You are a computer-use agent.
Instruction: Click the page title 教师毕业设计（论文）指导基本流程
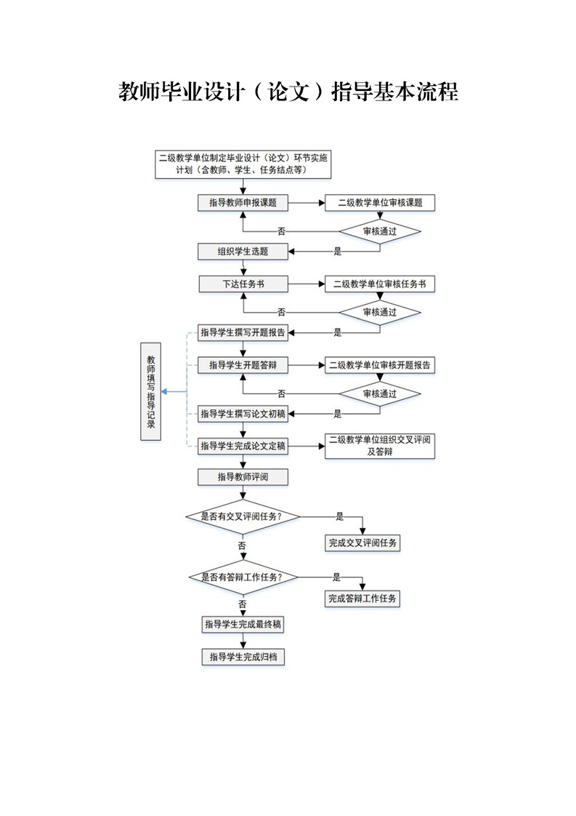288,93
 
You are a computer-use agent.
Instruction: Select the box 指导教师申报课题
243,203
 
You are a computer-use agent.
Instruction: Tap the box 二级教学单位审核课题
380,203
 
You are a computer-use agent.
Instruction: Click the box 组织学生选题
243,252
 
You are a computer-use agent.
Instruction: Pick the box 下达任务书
243,284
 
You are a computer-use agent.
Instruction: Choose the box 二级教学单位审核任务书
380,284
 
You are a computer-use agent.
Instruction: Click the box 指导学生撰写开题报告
243,333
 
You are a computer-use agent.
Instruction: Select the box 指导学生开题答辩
243,365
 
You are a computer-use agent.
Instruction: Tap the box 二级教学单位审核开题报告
380,365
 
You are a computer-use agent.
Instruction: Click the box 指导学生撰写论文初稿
243,414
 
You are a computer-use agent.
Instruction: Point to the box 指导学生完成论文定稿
243,446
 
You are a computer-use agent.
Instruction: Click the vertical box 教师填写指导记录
151,391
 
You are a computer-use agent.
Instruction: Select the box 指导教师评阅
243,477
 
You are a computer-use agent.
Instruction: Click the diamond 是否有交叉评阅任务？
243,516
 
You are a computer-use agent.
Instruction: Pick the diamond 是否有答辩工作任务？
243,577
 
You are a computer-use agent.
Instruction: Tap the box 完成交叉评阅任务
362,543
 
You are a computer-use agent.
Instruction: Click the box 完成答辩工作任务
362,599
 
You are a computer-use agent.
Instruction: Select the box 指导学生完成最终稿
243,625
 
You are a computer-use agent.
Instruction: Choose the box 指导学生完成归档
243,657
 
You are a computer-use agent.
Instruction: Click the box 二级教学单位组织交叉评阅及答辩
380,446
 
